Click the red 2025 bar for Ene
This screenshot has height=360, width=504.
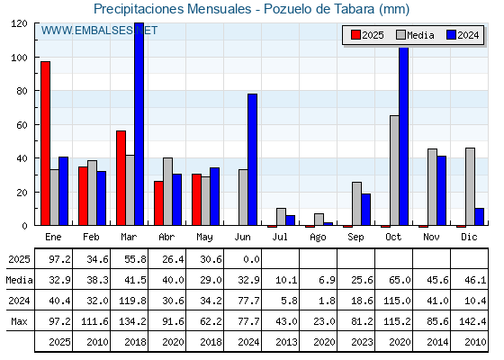coord(45,143)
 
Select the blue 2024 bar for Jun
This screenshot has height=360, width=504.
coord(252,159)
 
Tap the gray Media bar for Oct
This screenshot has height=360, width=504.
coord(394,170)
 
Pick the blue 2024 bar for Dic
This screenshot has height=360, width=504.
coord(479,217)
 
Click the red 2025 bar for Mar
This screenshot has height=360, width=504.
coord(121,178)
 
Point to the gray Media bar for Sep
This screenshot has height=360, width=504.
coord(356,203)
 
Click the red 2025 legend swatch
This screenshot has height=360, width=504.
coord(355,35)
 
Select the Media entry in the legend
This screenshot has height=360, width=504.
coord(415,35)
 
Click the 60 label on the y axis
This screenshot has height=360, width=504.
coord(22,125)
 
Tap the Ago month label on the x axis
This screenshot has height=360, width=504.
coord(318,238)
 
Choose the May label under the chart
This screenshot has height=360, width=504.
coord(204,238)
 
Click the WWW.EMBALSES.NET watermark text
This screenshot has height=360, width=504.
coord(99,31)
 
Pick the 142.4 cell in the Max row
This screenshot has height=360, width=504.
coord(472,321)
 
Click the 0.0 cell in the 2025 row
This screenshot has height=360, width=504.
coord(251,259)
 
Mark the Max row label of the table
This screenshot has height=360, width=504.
coord(19,321)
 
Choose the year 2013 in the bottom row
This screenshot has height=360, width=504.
coord(286,342)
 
